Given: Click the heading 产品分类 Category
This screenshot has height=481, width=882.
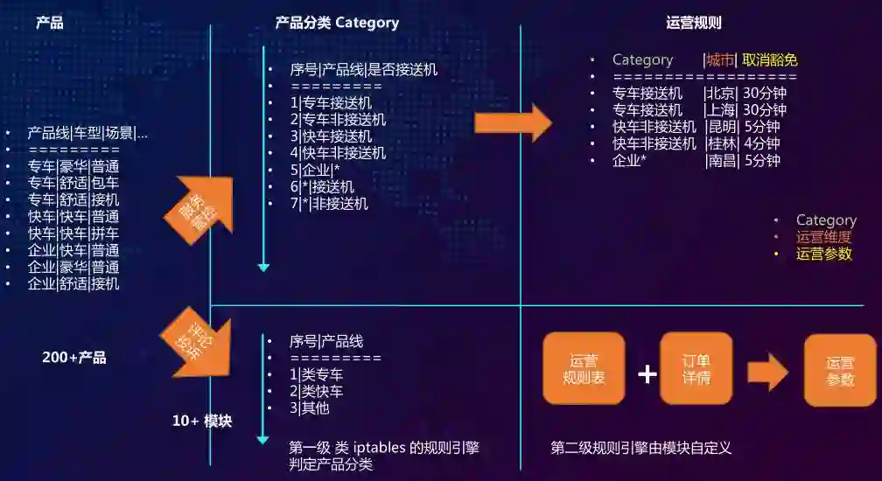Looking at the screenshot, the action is click(337, 23).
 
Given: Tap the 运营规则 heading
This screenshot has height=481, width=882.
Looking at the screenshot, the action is click(694, 23).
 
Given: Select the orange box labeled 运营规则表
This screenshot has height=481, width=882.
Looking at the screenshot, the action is click(584, 369).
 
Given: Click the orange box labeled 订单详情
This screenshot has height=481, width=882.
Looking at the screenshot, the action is click(696, 369).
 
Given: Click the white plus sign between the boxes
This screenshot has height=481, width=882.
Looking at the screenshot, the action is click(647, 374).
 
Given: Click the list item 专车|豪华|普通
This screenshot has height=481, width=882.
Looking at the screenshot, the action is click(73, 166).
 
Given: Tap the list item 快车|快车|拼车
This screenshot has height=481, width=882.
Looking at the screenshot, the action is click(73, 234).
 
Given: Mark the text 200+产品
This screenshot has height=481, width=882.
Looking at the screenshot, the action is click(74, 358).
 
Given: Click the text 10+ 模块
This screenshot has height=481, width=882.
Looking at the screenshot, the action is click(202, 421).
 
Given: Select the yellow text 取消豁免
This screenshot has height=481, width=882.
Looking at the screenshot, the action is click(770, 60).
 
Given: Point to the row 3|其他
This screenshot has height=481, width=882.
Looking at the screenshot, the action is click(310, 408).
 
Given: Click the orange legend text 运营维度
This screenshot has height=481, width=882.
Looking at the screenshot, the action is click(823, 237).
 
